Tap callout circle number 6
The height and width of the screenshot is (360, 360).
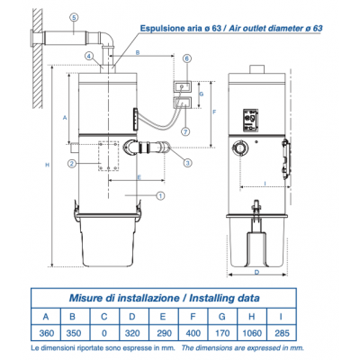pos(185,58)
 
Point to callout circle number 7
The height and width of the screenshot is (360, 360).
pos(185,131)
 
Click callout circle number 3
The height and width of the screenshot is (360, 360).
pos(187,163)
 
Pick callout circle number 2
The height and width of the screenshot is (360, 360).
pos(84,163)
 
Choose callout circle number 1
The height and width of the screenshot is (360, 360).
pos(159,195)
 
